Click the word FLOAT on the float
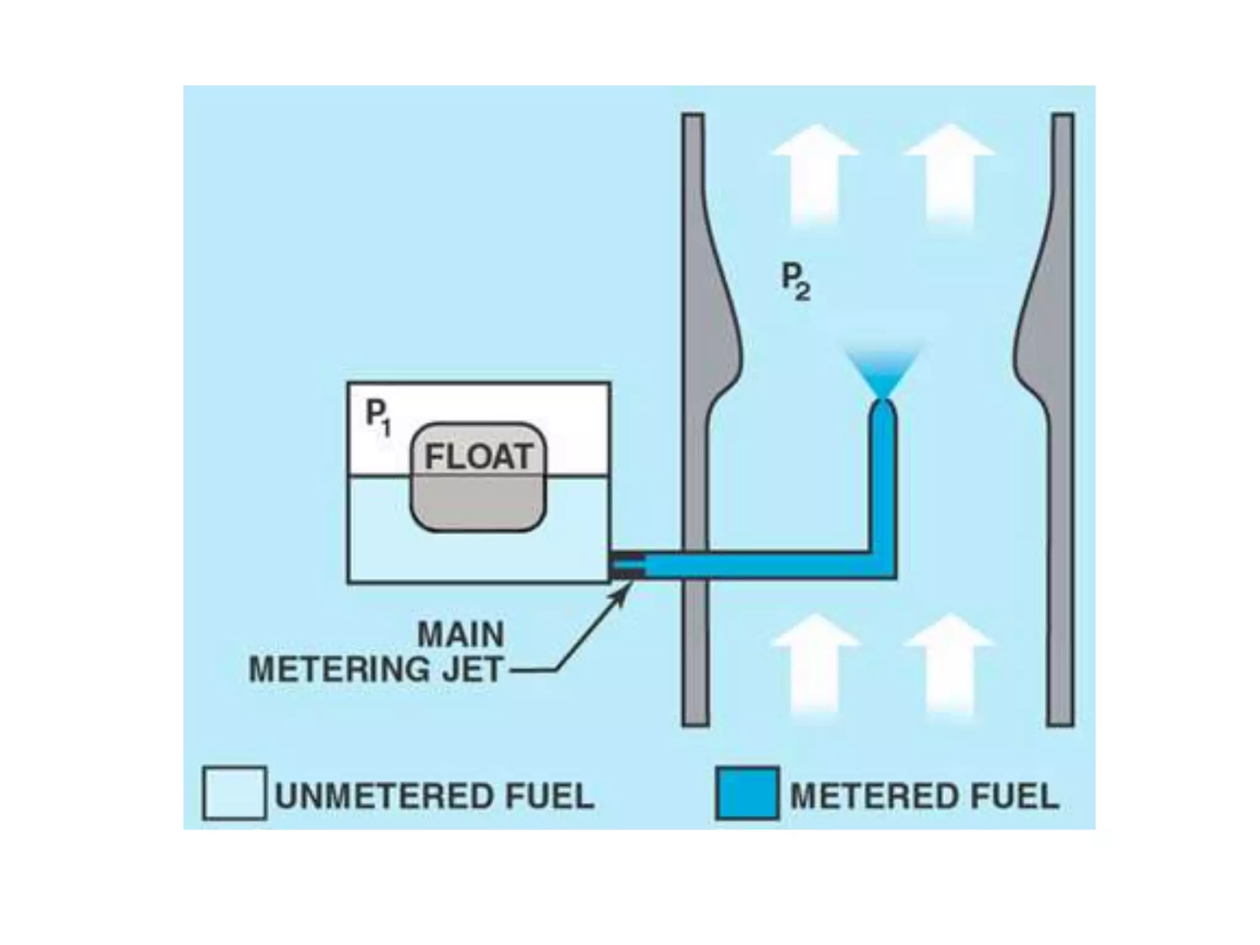(x=478, y=457)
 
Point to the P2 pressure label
(x=795, y=282)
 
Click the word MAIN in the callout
(x=461, y=634)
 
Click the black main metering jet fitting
(x=626, y=566)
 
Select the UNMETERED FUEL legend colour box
(x=234, y=794)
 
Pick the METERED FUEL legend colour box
(x=747, y=794)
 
